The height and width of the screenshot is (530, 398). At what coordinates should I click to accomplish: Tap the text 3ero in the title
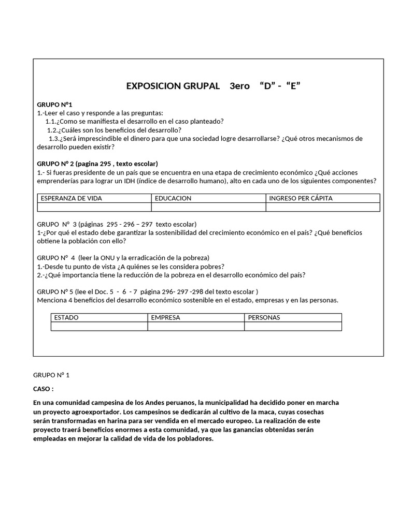coord(239,86)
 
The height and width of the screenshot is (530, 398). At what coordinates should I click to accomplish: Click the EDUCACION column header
coord(173,198)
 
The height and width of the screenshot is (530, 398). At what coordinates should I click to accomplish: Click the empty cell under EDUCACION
coord(208,207)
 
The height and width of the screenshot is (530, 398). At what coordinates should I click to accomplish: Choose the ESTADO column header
coord(66,317)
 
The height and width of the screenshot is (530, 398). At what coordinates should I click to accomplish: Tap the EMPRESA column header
coord(165,317)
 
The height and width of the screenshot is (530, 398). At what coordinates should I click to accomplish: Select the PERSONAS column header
coord(264,317)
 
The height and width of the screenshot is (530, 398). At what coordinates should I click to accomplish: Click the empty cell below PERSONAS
coord(293,326)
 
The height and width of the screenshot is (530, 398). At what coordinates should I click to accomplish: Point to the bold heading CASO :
coord(44,389)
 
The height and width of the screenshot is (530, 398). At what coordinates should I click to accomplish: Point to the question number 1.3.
coord(55,139)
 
